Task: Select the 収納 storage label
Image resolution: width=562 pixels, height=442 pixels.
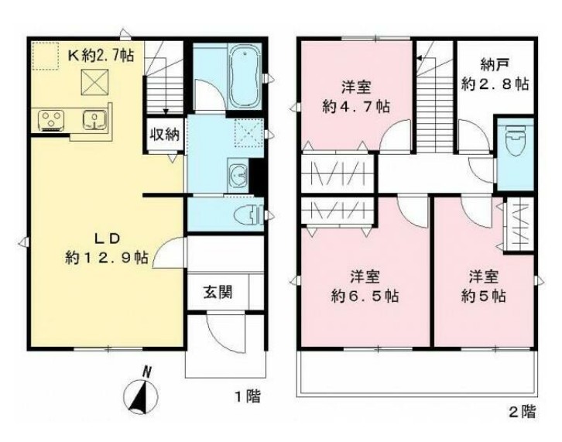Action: click(165, 133)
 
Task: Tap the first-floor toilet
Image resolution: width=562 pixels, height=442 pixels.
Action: click(245, 214)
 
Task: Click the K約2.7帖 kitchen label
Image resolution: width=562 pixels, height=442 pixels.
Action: click(103, 55)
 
